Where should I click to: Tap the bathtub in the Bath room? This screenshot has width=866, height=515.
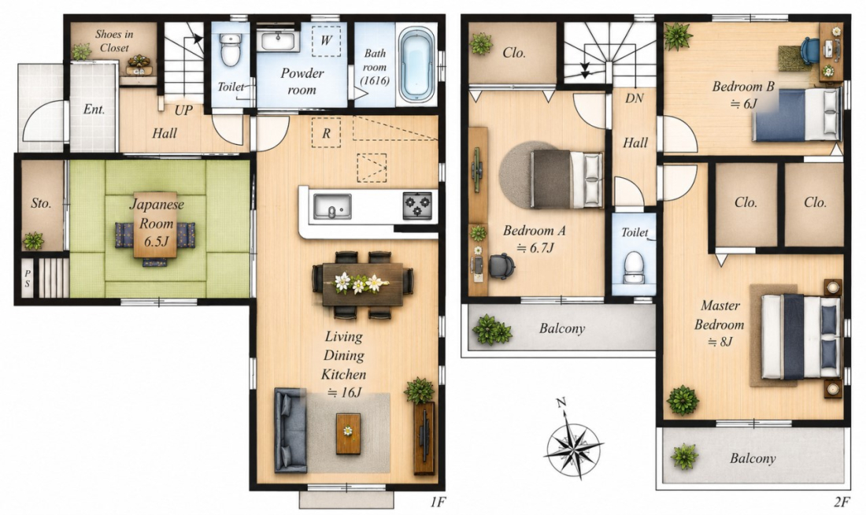[417, 65]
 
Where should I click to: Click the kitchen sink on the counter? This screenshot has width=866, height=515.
[332, 206]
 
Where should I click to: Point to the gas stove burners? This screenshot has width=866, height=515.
[417, 206]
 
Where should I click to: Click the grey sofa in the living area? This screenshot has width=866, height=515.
[291, 430]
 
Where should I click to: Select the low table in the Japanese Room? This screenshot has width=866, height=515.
[155, 225]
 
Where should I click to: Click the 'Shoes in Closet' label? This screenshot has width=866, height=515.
[114, 41]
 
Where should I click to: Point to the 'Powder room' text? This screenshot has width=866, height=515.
[302, 81]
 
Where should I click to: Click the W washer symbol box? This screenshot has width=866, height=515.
[326, 41]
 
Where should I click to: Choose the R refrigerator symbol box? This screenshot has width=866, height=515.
[326, 132]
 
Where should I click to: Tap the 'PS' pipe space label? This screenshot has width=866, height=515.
[28, 279]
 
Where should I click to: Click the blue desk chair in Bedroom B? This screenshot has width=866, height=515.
[809, 51]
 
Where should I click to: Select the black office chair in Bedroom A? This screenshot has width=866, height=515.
[501, 266]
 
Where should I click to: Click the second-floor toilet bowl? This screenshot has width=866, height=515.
[634, 267]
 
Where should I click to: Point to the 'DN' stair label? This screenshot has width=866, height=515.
[635, 98]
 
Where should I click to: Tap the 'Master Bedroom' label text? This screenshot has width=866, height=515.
[719, 315]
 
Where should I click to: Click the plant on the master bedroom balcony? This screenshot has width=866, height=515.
[684, 457]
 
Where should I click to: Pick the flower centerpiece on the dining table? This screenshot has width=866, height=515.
[358, 283]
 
